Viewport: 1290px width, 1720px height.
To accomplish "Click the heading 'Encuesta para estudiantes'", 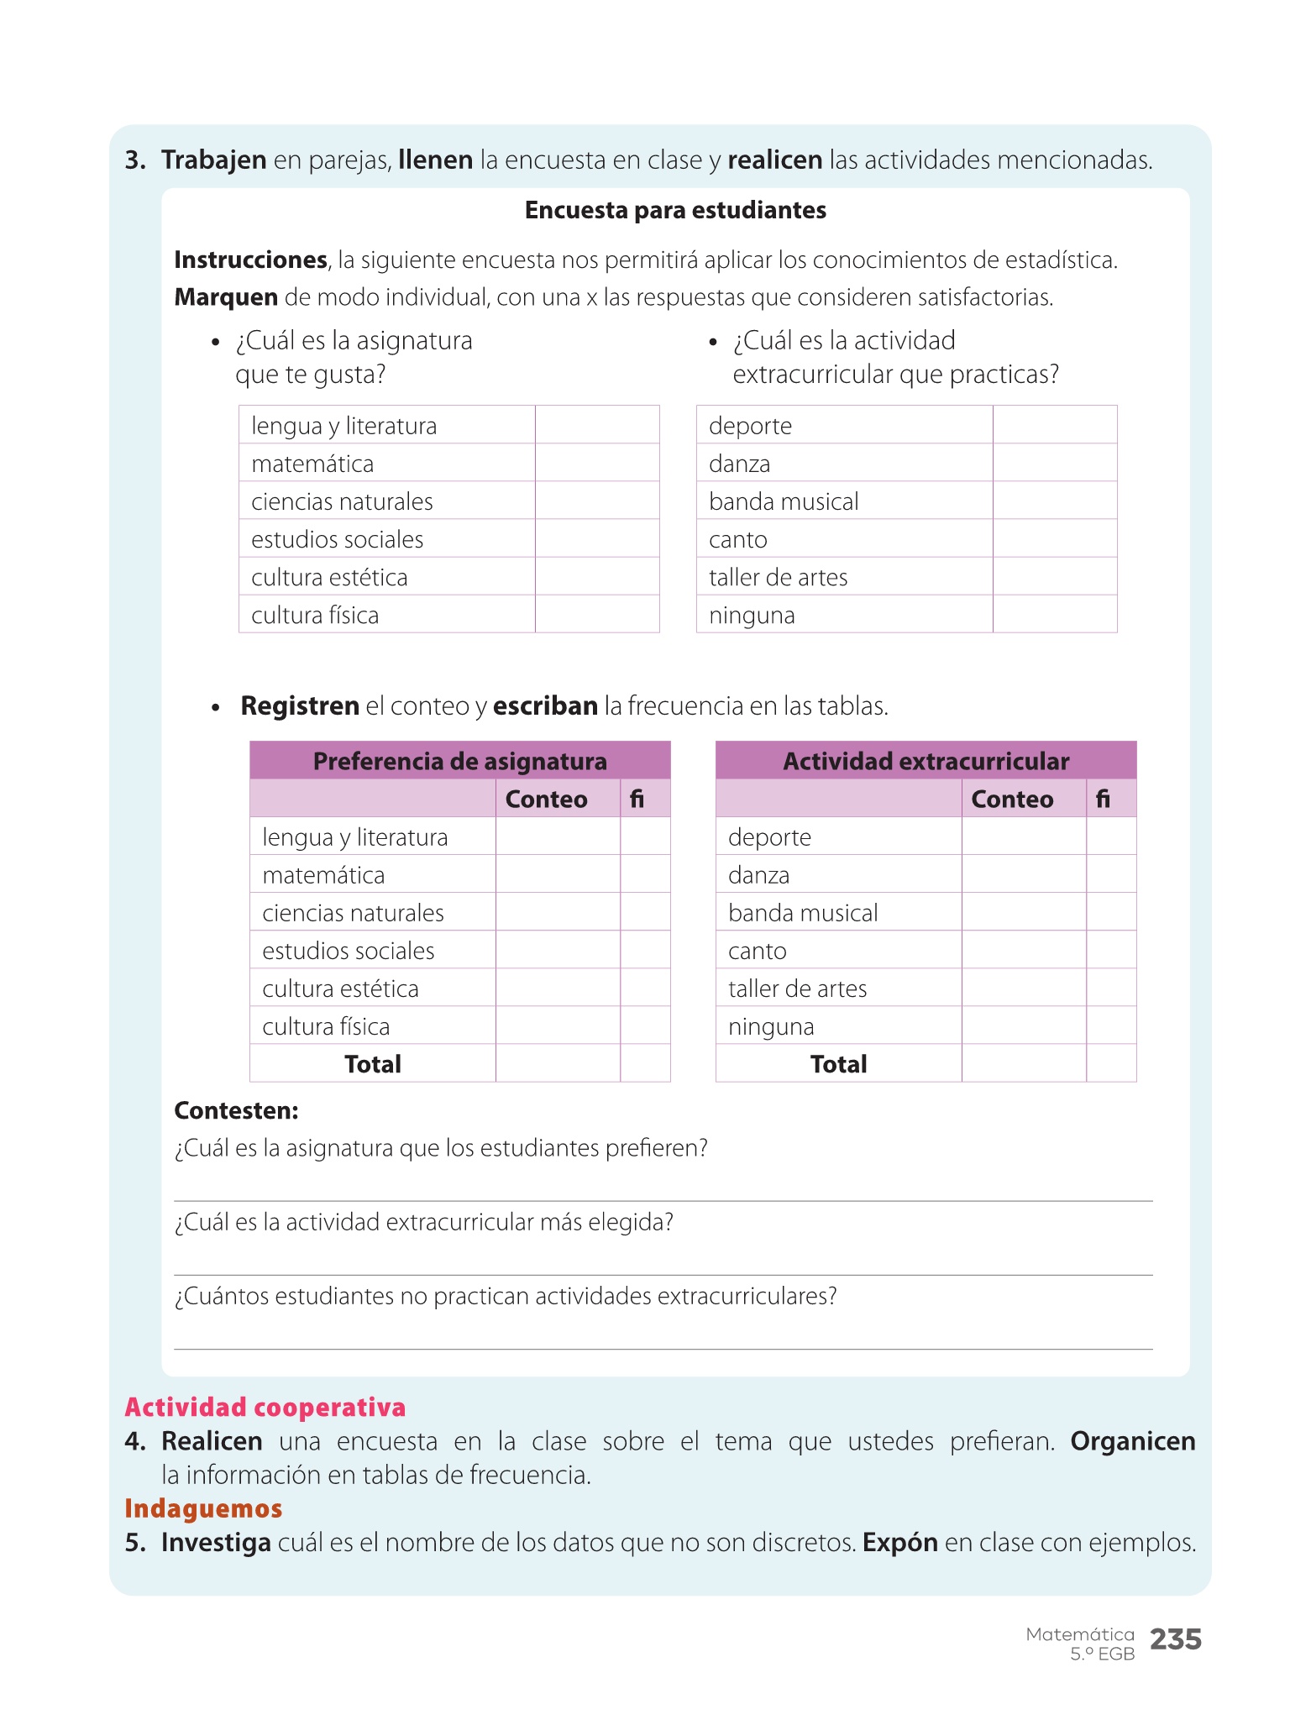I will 675,210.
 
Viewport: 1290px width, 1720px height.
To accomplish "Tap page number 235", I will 1175,1639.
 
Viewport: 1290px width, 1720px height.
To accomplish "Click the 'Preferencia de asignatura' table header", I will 459,761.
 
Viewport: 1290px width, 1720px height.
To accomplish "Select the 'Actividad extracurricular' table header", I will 926,761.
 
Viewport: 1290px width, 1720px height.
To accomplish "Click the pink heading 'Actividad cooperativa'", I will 265,1407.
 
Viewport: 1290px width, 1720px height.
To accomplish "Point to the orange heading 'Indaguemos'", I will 203,1508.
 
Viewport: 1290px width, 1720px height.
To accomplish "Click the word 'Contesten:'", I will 236,1110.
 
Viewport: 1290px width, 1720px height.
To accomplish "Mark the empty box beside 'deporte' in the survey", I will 1054,425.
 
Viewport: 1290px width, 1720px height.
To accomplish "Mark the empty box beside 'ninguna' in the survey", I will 1054,614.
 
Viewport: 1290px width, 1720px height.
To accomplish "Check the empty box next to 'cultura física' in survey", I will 596,614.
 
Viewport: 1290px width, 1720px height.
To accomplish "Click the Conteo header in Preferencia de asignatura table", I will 546,799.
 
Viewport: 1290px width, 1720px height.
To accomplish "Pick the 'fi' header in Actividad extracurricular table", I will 1103,799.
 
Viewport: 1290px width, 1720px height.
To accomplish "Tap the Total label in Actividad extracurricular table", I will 838,1064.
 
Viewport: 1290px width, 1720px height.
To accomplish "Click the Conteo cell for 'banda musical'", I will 1023,912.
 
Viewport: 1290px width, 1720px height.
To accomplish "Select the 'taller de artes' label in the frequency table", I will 797,988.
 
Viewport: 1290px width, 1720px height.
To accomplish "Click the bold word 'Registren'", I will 300,705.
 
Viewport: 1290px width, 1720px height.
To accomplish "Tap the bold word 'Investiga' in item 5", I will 216,1543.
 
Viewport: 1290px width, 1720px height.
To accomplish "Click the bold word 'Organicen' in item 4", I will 1132,1441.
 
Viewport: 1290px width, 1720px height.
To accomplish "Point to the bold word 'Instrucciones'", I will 250,260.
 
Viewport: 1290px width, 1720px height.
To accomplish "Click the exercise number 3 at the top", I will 134,160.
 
